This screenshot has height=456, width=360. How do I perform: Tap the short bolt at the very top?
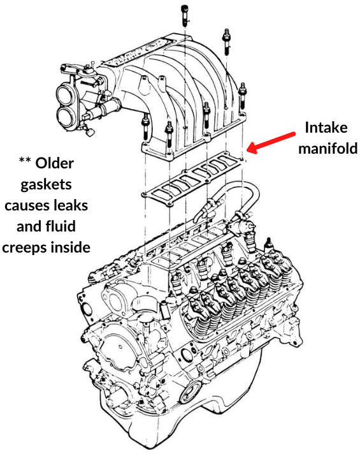185,12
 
